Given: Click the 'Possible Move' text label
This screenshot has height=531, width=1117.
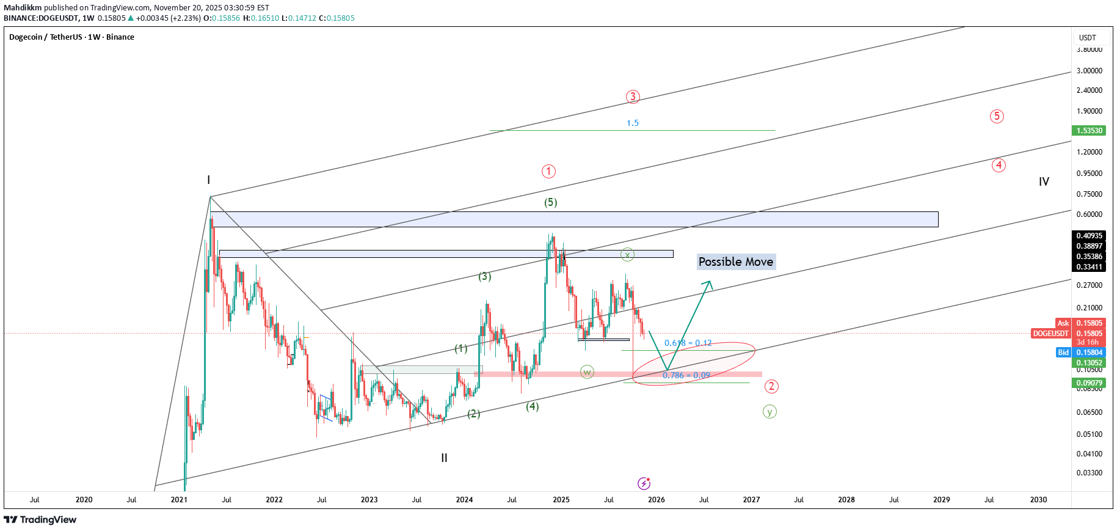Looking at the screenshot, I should click(736, 262).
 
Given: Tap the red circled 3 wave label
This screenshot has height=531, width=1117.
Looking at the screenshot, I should click(633, 97).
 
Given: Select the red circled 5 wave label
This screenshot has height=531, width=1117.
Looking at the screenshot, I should click(997, 116).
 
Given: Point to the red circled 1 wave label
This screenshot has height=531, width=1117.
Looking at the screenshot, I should click(548, 171).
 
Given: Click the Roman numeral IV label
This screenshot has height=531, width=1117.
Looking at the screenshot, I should click(1044, 181).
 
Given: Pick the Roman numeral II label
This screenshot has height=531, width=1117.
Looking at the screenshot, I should click(444, 458).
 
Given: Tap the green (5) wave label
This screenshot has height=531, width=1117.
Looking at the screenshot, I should click(550, 202).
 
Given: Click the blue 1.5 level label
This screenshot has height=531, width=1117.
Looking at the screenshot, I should click(632, 123).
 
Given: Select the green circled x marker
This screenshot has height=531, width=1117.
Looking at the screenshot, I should click(627, 254).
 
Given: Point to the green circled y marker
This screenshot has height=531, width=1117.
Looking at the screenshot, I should click(770, 412).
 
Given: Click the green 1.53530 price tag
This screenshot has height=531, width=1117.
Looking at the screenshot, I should click(1089, 131).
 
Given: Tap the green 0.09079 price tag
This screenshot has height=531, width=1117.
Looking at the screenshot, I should click(1089, 383).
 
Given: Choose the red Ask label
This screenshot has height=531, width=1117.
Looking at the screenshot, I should click(1063, 323).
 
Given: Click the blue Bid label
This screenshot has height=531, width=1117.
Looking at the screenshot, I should click(1063, 353).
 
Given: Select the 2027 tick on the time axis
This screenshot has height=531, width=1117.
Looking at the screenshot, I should click(751, 500).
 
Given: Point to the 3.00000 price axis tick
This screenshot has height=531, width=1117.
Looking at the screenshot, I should click(1089, 71).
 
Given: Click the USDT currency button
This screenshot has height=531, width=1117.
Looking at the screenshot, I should click(1088, 37).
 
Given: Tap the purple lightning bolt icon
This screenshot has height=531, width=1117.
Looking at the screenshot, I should click(644, 483).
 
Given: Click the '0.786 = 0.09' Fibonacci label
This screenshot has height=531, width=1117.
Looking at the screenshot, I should click(686, 375).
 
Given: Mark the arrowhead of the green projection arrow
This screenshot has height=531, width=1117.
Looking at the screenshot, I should click(709, 282).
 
